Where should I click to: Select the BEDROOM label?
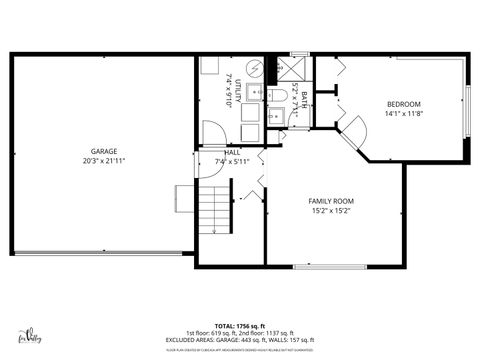click(x=403, y=104)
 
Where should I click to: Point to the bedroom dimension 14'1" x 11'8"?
click(x=403, y=114)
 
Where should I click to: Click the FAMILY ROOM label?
click(x=330, y=201)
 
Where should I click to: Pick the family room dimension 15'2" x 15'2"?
click(x=330, y=211)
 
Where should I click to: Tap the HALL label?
click(x=231, y=152)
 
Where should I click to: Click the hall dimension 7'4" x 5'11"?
click(x=231, y=161)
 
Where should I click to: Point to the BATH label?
click(x=294, y=92)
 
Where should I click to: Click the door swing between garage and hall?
click(x=213, y=134)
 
